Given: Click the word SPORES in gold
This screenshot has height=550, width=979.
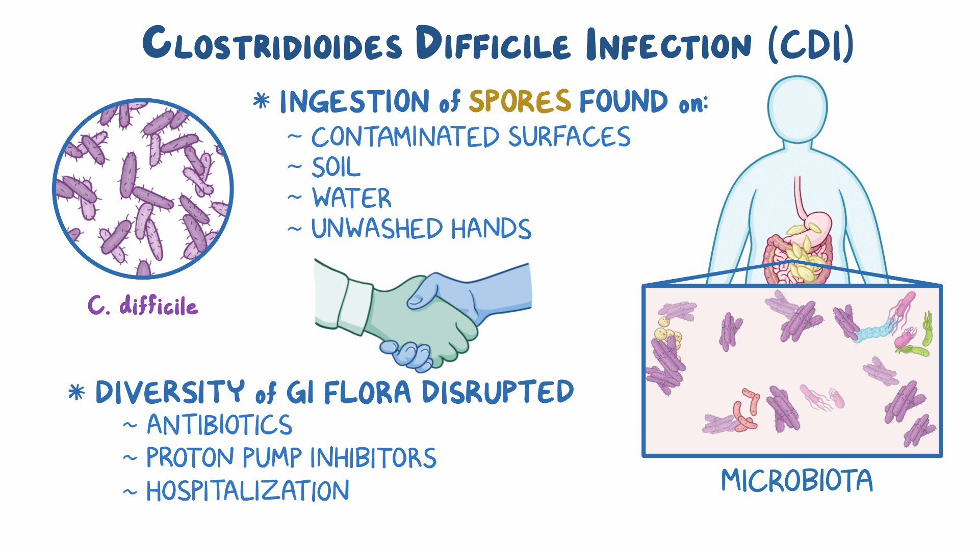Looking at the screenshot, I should click(x=519, y=101).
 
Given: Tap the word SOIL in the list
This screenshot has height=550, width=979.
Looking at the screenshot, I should click(x=336, y=168).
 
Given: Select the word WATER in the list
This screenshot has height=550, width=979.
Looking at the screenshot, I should click(x=352, y=198).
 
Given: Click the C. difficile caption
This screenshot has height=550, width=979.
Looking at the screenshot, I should click(x=143, y=306).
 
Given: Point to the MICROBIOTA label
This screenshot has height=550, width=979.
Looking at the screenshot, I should click(x=796, y=481).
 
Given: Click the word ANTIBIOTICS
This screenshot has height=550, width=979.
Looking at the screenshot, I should click(x=219, y=425).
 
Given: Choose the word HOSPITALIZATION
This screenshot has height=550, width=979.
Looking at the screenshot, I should click(x=248, y=491).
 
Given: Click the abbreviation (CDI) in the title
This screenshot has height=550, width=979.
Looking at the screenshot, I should click(x=810, y=45).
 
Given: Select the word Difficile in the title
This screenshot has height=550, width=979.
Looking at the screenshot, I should click(x=492, y=45).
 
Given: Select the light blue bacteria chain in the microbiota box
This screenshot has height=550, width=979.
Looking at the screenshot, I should click(x=875, y=332).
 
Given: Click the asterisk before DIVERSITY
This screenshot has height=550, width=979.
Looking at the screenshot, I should click(x=76, y=393).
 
